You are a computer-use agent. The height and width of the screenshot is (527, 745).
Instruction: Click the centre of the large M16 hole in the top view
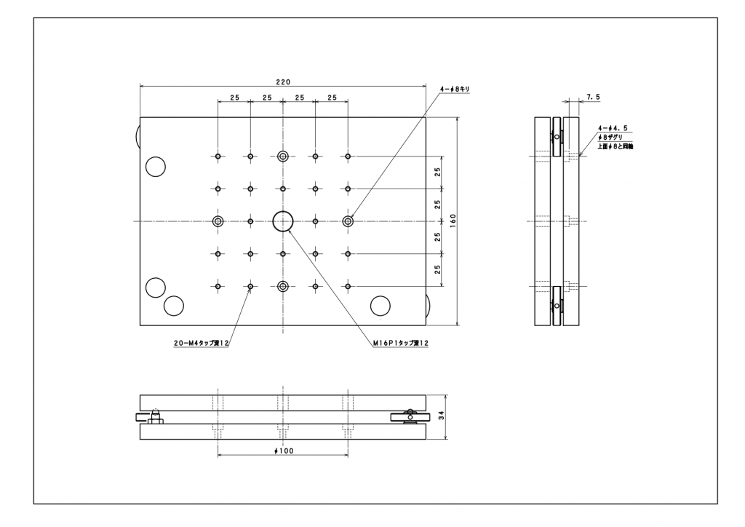tap(283, 221)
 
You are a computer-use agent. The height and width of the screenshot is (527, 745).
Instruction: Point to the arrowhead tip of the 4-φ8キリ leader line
tap(351, 218)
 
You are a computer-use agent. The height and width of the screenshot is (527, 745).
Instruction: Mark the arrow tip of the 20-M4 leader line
tap(251, 289)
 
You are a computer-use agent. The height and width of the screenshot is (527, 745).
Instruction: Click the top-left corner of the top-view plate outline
tap(140, 117)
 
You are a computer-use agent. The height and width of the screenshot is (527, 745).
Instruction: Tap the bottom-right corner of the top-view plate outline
tap(426, 325)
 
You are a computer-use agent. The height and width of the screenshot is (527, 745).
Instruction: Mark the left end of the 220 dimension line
tap(140, 86)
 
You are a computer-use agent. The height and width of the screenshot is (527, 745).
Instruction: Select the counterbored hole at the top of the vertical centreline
tap(283, 156)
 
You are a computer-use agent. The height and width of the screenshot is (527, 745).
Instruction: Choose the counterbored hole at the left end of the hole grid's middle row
tap(218, 221)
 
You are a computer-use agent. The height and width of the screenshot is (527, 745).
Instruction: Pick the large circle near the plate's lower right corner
tap(380, 306)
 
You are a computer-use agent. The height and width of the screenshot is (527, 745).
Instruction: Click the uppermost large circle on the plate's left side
tap(156, 166)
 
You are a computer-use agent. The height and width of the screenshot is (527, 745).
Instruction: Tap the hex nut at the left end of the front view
tap(156, 421)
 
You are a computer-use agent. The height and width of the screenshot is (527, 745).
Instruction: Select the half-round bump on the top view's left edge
tap(137, 137)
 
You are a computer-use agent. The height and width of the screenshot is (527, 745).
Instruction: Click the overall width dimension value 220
tap(283, 82)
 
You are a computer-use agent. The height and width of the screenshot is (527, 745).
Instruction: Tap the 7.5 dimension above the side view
tap(593, 97)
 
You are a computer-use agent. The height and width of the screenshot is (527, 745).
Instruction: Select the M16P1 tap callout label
tap(401, 343)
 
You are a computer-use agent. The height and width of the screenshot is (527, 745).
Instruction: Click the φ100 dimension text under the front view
tap(284, 451)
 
